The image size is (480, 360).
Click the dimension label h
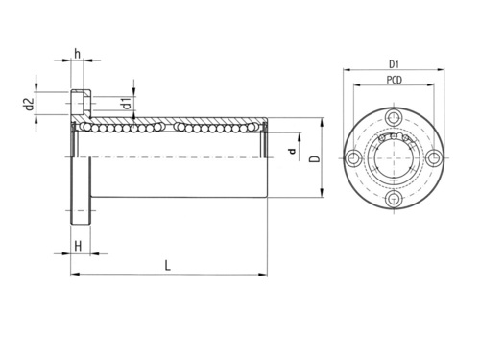click(77, 54)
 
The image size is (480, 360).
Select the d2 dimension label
click(29, 104)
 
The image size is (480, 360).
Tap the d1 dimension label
click(127, 104)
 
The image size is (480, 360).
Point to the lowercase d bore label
click(292, 151)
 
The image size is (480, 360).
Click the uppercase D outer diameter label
click(316, 159)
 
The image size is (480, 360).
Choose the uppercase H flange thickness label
click(78, 246)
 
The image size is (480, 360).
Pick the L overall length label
click(167, 266)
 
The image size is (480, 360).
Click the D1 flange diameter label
click(394, 64)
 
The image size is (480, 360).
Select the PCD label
click(394, 80)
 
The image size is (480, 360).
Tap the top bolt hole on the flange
click(394, 117)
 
